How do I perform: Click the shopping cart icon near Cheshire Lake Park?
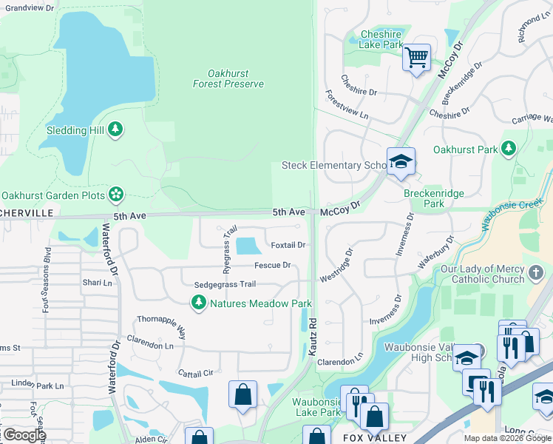coord(417,57)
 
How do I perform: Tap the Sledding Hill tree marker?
coord(115,130)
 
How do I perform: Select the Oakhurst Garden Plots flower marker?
coord(115,195)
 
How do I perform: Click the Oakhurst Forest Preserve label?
coord(228,78)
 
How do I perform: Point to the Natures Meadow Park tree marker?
coord(198,303)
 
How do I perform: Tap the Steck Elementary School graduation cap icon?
coord(401,162)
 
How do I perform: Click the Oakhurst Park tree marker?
coord(508,149)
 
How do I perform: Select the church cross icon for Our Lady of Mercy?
coord(537,274)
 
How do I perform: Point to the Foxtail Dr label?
coord(288,245)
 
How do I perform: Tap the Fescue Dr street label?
coord(272,265)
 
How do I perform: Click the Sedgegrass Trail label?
coord(225,284)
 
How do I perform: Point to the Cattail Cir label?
coord(195,374)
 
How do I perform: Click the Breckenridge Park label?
coord(434,198)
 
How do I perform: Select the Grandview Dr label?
coord(30,7)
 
